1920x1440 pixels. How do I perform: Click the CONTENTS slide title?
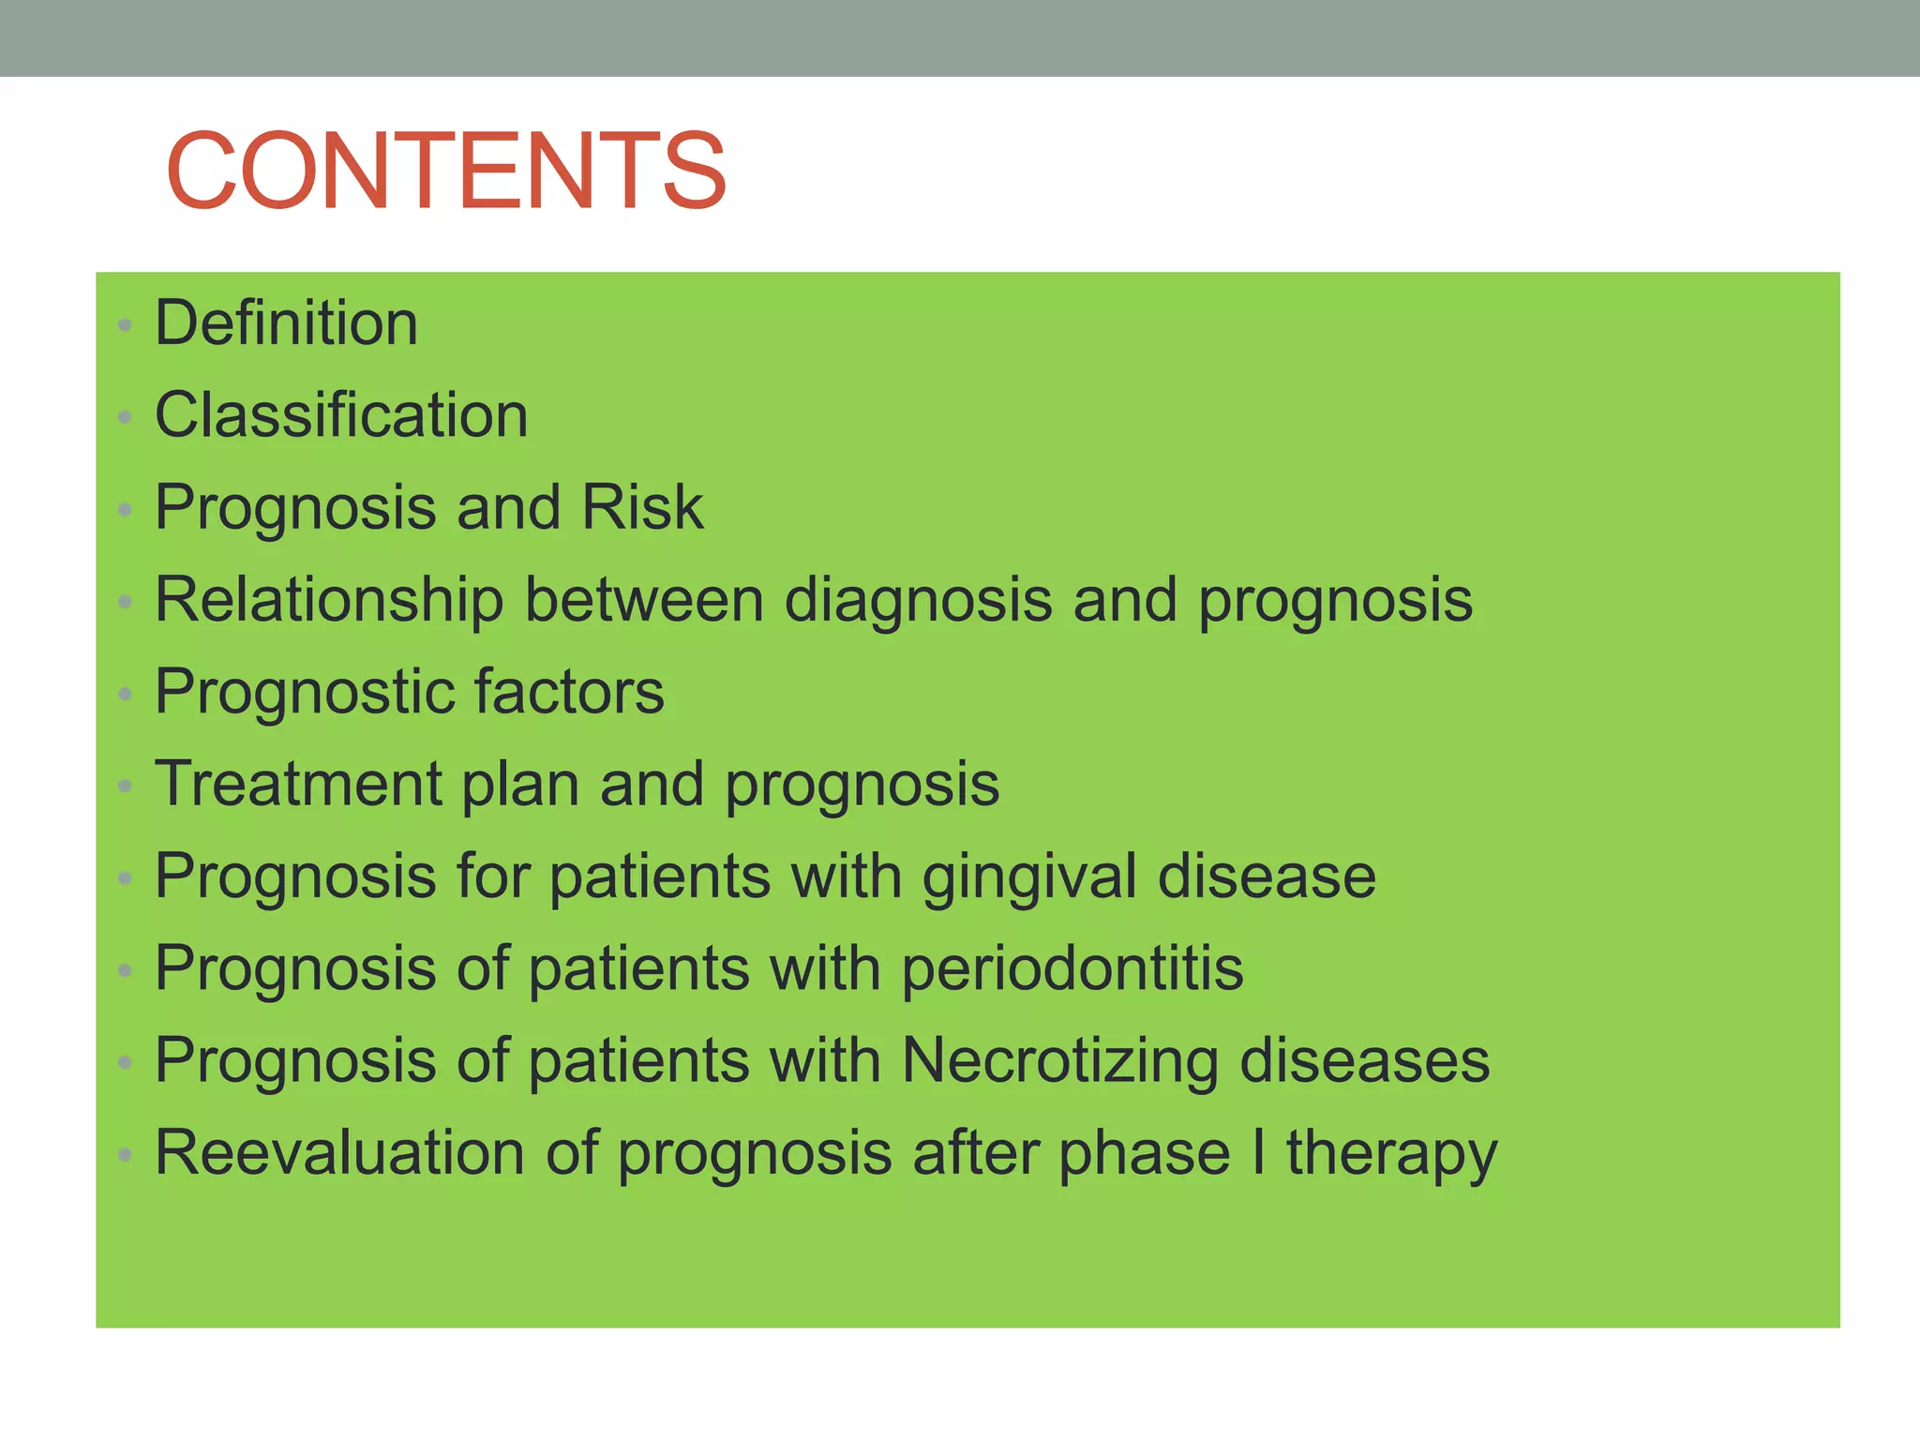pyautogui.click(x=446, y=171)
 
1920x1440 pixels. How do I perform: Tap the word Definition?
pyautogui.click(x=286, y=322)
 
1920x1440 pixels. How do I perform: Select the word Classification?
pyautogui.click(x=341, y=414)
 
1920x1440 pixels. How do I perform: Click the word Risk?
pyautogui.click(x=642, y=507)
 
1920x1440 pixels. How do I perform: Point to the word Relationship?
pyautogui.click(x=329, y=600)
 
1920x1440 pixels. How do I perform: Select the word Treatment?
pyautogui.click(x=298, y=784)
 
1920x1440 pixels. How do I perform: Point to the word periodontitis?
pyautogui.click(x=1072, y=968)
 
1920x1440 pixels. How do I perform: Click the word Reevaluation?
pyautogui.click(x=339, y=1152)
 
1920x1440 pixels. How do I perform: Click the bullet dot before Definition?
pyautogui.click(x=125, y=325)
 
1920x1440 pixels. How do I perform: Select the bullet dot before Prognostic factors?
pyautogui.click(x=125, y=695)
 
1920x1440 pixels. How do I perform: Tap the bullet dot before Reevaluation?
pyautogui.click(x=125, y=1155)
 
